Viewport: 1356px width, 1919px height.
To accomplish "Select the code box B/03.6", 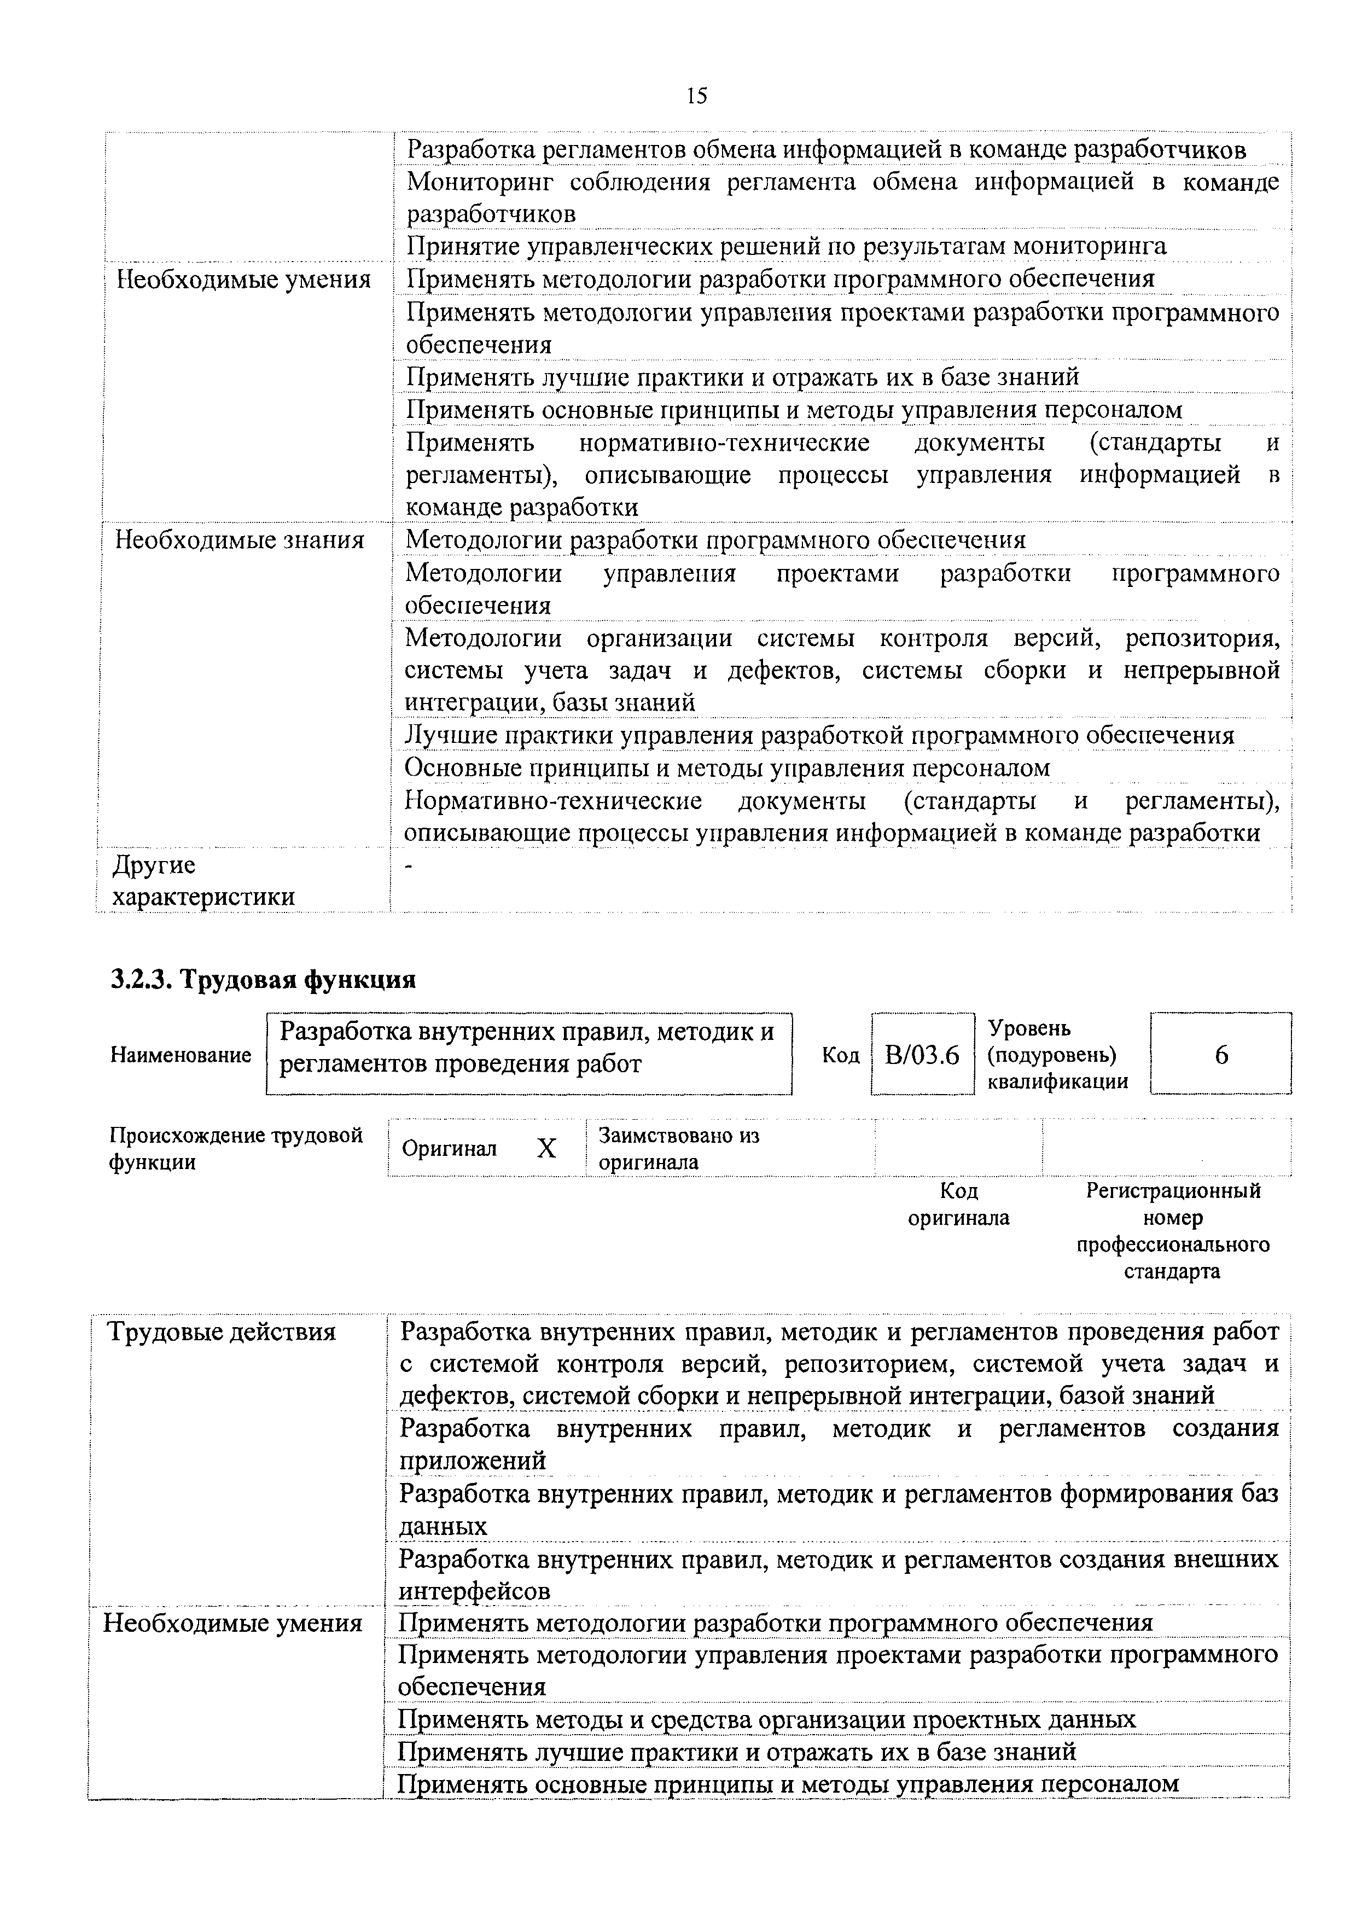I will [922, 1055].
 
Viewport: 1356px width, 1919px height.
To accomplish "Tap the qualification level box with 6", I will [1221, 1055].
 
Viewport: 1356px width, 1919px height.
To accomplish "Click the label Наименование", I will [181, 1055].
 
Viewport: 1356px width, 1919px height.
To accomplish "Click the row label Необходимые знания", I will [240, 540].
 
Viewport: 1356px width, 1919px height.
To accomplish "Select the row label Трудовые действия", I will [222, 1331].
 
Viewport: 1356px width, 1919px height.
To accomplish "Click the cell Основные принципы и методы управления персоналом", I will [727, 767].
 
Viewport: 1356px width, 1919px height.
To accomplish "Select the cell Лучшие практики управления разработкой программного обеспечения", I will [819, 736].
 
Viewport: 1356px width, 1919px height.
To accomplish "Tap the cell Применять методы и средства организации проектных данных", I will [766, 1719].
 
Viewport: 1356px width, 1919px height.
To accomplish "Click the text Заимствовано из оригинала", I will [678, 1148].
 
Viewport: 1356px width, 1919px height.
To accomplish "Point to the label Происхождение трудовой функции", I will [236, 1148].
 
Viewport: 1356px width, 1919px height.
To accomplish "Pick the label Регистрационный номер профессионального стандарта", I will [1172, 1230].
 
